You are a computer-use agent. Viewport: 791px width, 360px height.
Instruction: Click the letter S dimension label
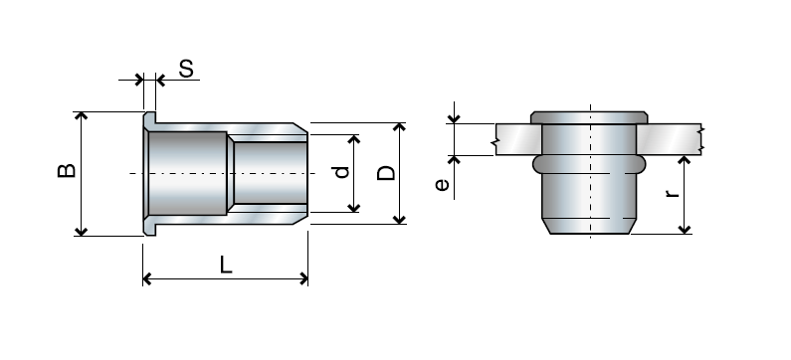(186, 69)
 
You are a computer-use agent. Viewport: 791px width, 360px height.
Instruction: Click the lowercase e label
(443, 184)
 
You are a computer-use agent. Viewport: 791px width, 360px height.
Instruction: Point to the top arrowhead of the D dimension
(400, 128)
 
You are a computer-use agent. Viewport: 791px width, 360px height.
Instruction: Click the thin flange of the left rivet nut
(148, 174)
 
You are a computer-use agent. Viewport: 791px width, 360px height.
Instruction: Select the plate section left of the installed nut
(512, 138)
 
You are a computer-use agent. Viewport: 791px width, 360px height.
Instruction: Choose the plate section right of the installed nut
(672, 138)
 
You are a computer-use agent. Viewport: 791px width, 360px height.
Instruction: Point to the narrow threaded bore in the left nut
(267, 174)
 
